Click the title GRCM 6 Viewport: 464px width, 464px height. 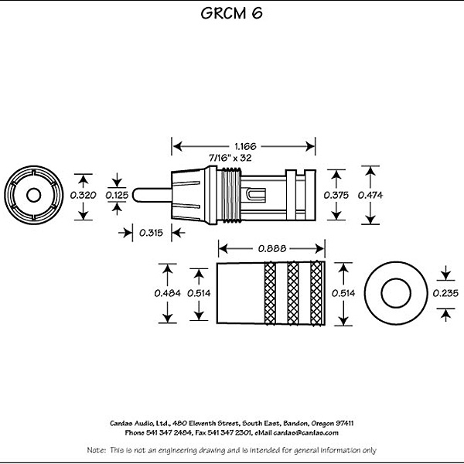pyautogui.click(x=231, y=13)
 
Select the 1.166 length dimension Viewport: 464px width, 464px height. pyautogui.click(x=245, y=146)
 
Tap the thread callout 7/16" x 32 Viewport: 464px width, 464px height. pyautogui.click(x=230, y=158)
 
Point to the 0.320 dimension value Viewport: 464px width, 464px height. pyautogui.click(x=84, y=195)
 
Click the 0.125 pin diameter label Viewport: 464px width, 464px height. pyautogui.click(x=117, y=195)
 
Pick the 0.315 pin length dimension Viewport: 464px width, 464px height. pyautogui.click(x=152, y=233)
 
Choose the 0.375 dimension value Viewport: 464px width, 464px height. pyautogui.click(x=336, y=195)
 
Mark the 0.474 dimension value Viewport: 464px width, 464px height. pyautogui.click(x=370, y=195)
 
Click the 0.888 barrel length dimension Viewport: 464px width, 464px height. pyautogui.click(x=272, y=248)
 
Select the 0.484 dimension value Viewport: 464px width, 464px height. pyautogui.click(x=168, y=293)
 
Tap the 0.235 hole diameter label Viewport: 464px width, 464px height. pyautogui.click(x=445, y=293)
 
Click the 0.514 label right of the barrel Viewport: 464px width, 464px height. pyautogui.click(x=343, y=293)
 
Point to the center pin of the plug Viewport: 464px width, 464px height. pyautogui.click(x=152, y=195)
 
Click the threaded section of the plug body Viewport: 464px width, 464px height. pyautogui.click(x=231, y=194)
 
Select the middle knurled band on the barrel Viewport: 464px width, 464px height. pyautogui.click(x=293, y=293)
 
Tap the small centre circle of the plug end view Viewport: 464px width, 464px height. pyautogui.click(x=34, y=195)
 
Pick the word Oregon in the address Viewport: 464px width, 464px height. pyautogui.click(x=322, y=424)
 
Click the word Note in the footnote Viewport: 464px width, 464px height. pyautogui.click(x=96, y=450)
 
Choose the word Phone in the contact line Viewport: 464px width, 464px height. pyautogui.click(x=135, y=433)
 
